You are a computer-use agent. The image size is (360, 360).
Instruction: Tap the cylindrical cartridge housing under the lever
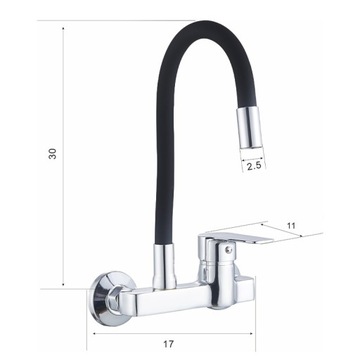tap(214, 273)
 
